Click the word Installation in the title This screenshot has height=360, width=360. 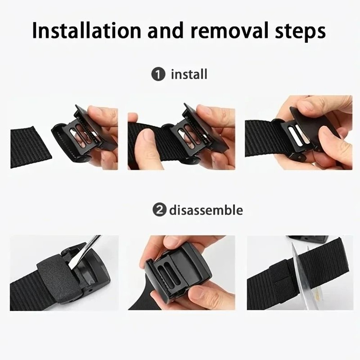coord(86,31)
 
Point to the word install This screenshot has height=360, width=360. coord(189,75)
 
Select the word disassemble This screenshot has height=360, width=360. coord(206,210)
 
